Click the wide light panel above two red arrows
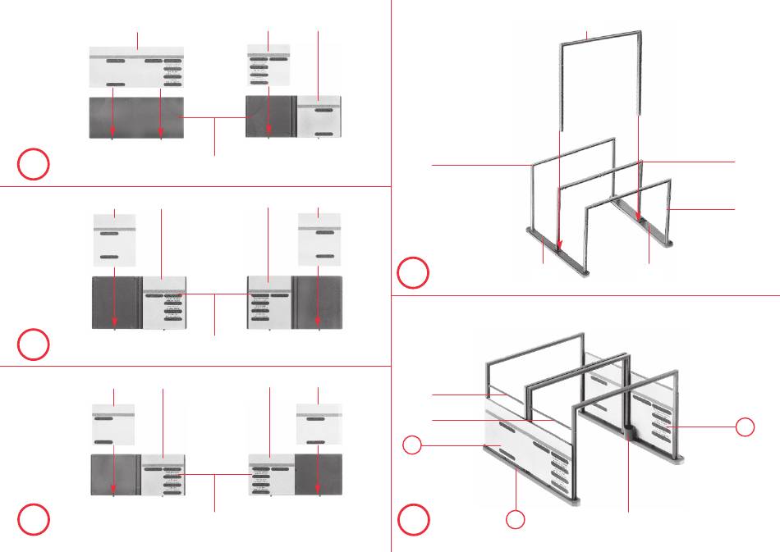pyautogui.click(x=135, y=68)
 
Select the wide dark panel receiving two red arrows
pyautogui.click(x=135, y=117)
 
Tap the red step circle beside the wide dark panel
pyautogui.click(x=34, y=163)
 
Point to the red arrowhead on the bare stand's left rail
pyautogui.click(x=559, y=244)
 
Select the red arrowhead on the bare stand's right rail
pyautogui.click(x=638, y=217)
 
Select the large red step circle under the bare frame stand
pyautogui.click(x=414, y=272)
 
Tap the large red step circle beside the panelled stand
pyautogui.click(x=414, y=521)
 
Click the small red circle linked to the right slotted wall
pyautogui.click(x=745, y=427)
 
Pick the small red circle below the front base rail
pyautogui.click(x=515, y=519)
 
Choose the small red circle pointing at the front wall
pyautogui.click(x=413, y=445)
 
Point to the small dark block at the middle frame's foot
pyautogui.click(x=628, y=432)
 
